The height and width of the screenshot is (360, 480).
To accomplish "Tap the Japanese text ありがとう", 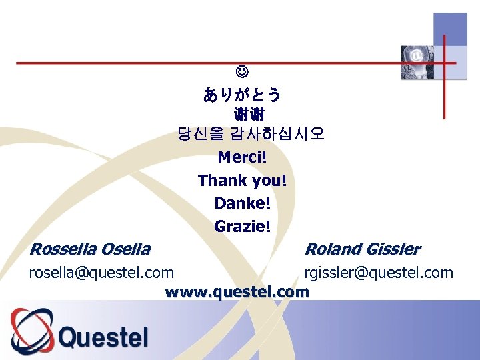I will coord(242,95).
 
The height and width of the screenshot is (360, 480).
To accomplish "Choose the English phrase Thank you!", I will coord(242,181).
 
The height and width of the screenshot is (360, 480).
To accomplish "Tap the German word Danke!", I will coord(242,203).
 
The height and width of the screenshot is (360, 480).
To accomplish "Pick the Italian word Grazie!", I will coord(242,227).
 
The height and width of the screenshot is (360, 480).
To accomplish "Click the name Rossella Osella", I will coord(90,249).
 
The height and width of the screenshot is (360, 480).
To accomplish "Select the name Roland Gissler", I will coord(362,249).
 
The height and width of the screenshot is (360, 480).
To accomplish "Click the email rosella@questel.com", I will coord(101,273).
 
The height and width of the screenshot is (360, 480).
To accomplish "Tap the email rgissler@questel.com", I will coord(379,273).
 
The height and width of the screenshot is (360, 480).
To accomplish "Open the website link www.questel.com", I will coord(237,292).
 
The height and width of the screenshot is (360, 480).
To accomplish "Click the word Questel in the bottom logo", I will coord(103,336).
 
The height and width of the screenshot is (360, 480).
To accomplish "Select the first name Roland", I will coord(331,249).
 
